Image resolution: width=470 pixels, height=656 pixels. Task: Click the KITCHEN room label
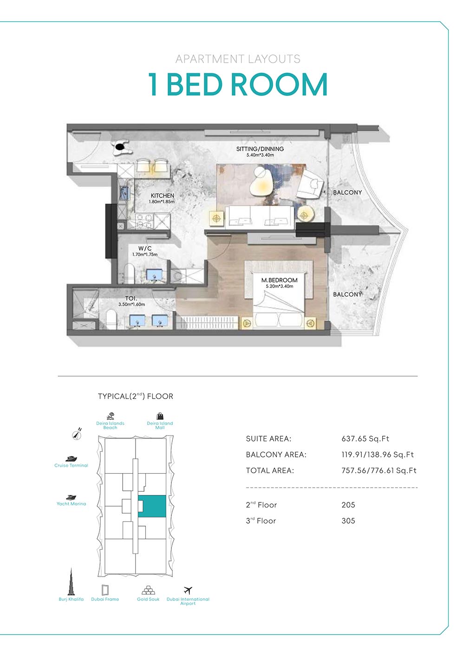coord(162,195)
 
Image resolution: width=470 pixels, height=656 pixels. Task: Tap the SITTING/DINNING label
coord(260,149)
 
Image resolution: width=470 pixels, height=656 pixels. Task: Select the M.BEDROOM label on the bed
coord(279,280)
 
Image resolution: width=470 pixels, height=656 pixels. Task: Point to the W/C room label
coord(145,249)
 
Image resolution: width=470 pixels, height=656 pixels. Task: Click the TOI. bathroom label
coord(131,298)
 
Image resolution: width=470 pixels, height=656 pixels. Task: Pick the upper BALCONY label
coord(347,193)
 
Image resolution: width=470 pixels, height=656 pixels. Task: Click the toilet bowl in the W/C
coord(129,273)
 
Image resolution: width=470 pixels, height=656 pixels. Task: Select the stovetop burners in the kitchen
coord(144,221)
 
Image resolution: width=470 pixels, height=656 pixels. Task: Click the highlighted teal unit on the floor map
coord(152,506)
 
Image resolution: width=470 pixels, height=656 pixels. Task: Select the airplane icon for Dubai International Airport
coord(188,590)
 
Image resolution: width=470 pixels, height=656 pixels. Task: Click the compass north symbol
coord(77,435)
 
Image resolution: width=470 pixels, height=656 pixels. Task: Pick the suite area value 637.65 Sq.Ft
coord(365,439)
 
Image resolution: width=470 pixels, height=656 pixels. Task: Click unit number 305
coord(348,521)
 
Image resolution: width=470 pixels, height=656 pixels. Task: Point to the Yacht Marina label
coord(71,504)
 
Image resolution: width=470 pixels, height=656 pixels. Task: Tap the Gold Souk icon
coord(148,590)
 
